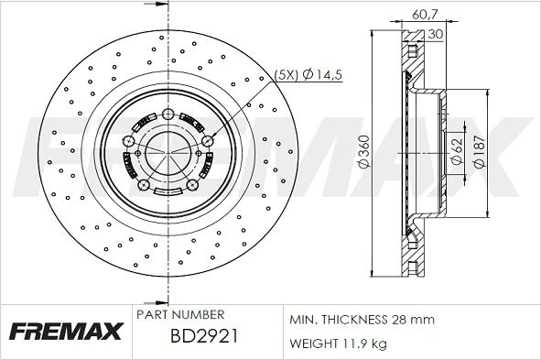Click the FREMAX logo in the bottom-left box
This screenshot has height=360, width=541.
[x=66, y=332]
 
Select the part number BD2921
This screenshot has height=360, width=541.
[x=204, y=336]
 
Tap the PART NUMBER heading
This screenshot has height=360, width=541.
[x=180, y=314]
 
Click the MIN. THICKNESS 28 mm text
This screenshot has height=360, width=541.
[x=362, y=320]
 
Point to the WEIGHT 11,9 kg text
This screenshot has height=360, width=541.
[x=338, y=344]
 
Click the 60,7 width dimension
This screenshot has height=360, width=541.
[x=425, y=14]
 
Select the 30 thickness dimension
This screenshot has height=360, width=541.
[x=435, y=34]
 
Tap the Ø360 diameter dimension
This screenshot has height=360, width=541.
[x=364, y=151]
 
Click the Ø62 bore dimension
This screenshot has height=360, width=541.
[x=457, y=152]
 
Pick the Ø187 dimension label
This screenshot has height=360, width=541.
[x=480, y=152]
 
